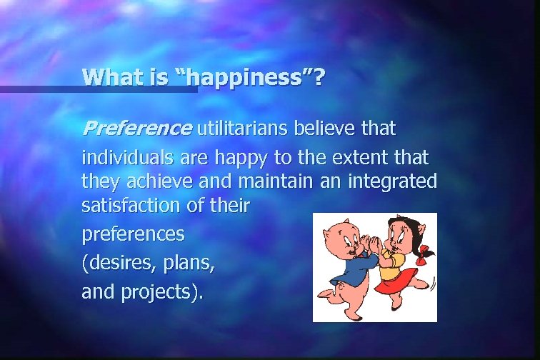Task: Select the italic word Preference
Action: tap(137, 129)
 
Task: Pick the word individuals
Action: tap(124, 156)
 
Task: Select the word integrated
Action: tap(391, 181)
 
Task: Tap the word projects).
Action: tap(172, 291)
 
